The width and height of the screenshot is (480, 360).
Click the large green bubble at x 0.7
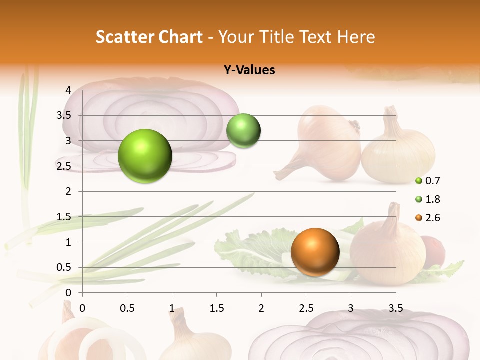[145, 156]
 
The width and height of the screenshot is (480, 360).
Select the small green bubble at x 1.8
[243, 131]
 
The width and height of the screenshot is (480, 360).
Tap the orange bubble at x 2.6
[315, 252]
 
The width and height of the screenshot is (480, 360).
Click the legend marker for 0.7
[419, 181]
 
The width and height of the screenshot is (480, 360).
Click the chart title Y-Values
[249, 70]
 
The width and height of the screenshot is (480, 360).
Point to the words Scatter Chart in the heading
[149, 37]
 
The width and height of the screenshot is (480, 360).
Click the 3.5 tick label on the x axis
[395, 308]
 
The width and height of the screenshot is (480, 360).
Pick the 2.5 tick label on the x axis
[306, 308]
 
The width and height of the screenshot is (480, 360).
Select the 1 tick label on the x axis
[172, 308]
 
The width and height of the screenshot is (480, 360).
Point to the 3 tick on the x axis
[351, 308]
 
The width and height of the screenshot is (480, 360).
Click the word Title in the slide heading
[277, 37]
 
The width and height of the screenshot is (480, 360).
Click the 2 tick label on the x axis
[261, 308]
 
